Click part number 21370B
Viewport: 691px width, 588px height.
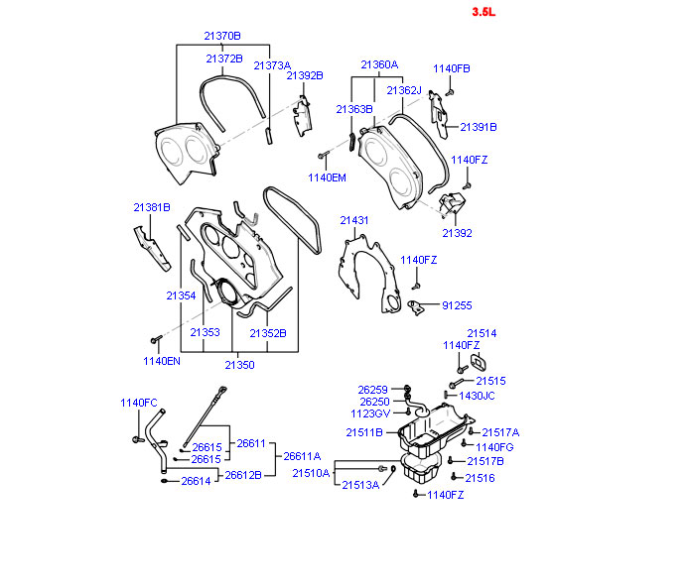221,36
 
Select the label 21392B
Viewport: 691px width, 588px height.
305,74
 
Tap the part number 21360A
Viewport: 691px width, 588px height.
379,64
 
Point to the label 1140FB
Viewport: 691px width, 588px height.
452,68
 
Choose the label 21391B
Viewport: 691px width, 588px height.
478,127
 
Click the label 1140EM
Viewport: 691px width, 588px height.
327,177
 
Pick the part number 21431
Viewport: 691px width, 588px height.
354,220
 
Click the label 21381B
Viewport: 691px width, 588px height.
152,207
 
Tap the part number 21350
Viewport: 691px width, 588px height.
239,365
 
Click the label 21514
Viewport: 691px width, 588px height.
482,334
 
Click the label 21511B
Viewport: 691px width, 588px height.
364,432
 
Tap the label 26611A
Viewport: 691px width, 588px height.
303,456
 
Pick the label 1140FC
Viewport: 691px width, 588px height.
139,403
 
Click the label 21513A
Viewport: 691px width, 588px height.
360,485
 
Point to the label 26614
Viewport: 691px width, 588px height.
196,481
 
